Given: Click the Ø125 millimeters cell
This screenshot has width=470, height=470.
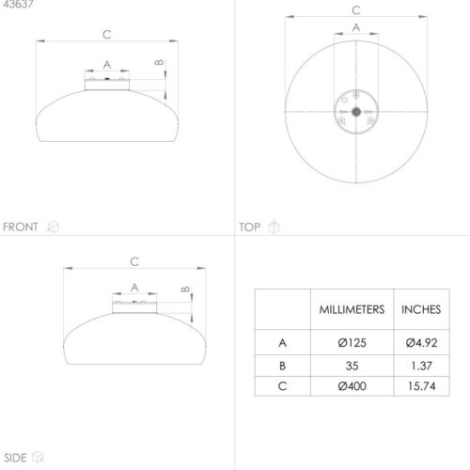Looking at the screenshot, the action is click(x=352, y=342).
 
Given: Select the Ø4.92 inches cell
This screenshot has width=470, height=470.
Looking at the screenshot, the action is click(x=421, y=342).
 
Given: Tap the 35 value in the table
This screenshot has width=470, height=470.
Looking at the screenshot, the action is click(x=352, y=366).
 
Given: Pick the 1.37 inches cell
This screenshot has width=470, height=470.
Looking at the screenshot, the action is click(x=421, y=366).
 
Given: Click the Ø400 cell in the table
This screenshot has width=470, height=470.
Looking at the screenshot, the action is click(x=352, y=385).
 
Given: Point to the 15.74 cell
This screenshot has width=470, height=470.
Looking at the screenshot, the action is click(x=421, y=385).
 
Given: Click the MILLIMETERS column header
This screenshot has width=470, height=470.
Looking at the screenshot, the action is click(x=352, y=309).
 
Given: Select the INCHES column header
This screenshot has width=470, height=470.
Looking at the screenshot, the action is click(x=421, y=309).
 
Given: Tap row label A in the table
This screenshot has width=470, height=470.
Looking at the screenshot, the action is click(x=282, y=343).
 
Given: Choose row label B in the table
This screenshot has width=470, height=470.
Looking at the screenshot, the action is click(x=282, y=366).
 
